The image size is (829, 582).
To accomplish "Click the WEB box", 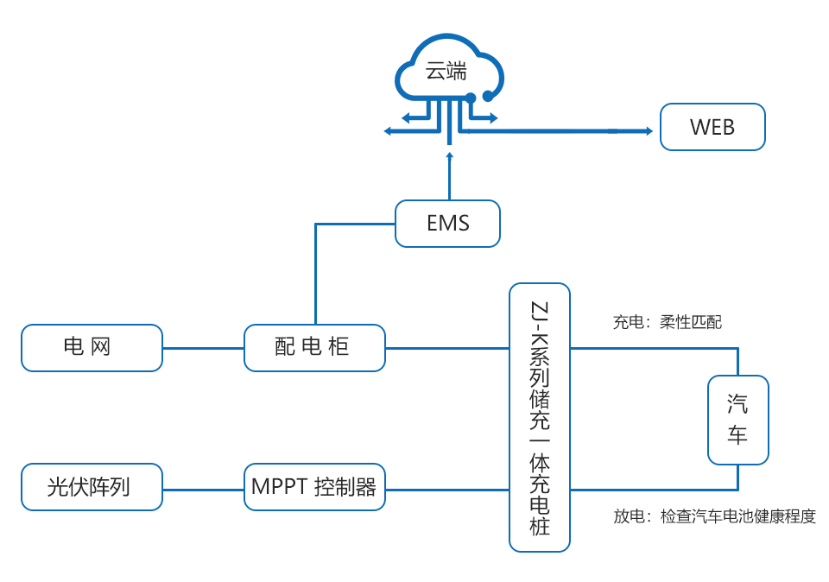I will coord(712,127).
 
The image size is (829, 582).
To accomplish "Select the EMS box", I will coord(447,224).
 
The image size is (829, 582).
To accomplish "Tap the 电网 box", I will coord(92,347).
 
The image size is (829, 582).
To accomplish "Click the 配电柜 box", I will coord(314,347).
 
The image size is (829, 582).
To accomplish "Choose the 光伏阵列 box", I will coord(92,487).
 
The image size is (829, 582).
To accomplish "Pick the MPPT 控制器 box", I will coord(314,487).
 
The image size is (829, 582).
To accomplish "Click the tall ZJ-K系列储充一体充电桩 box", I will coord(540,417).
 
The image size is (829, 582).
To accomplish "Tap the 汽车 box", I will coord(737,420).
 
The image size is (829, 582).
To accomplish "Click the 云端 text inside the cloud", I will coord(446,72).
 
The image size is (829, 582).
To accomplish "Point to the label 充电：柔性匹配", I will coord(667,323).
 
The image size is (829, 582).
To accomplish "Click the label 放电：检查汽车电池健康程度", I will coord(714,516).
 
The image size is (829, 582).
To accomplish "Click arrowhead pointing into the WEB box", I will coord(648,131).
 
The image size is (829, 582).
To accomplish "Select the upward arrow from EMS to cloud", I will coord(449,177).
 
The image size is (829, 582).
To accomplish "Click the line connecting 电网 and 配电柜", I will coord(203,348).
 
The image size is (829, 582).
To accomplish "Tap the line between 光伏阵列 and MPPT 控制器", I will coord(203,489).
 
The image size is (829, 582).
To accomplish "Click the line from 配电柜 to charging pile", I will coord(446,348).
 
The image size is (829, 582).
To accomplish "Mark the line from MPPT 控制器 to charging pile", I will coord(446,489).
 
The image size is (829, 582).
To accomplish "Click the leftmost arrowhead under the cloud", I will coord(388,131).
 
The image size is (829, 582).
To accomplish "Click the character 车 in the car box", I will coord(737,435).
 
